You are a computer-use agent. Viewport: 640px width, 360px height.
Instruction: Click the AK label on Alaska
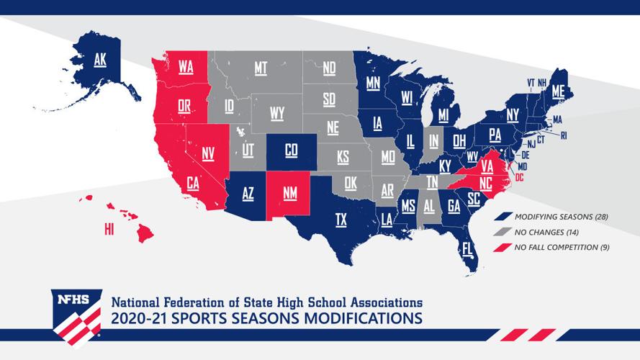coord(100,61)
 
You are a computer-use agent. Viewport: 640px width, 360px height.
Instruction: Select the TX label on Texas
coord(341,220)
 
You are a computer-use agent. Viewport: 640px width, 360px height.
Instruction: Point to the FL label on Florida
coord(468,249)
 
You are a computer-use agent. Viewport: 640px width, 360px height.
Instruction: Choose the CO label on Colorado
coord(291,150)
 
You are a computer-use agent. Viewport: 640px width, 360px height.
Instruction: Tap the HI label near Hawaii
coord(109,229)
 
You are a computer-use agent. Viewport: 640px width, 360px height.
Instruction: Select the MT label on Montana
coord(261,68)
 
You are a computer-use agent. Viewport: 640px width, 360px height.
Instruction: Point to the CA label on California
coord(193,184)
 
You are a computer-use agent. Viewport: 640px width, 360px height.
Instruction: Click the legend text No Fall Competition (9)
coord(556,247)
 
